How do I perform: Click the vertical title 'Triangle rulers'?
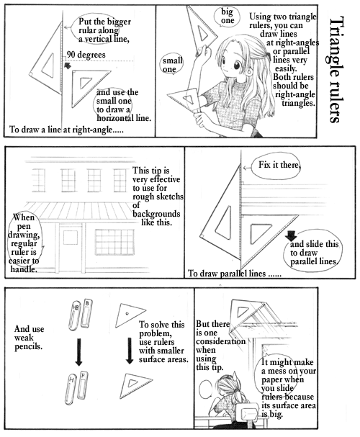coord(334,70)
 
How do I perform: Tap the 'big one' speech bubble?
coord(227,17)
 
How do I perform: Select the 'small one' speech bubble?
coord(173,64)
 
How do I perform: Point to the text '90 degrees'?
coord(86,54)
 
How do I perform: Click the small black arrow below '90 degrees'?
coord(67,66)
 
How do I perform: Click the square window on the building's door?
coord(71,238)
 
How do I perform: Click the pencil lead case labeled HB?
coord(74,315)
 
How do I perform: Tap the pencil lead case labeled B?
coord(86,313)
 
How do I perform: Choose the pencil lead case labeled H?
coord(71,389)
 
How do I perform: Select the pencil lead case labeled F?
coord(82,385)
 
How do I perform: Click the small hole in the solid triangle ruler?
coord(127,314)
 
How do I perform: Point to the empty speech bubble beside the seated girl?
coord(207,391)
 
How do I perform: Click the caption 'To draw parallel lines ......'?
coord(235,274)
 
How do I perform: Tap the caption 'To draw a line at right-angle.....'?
coord(66,130)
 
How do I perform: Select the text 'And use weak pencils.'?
coord(29,338)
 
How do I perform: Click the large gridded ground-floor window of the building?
coord(114,242)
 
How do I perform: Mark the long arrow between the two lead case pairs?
coord(79,352)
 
